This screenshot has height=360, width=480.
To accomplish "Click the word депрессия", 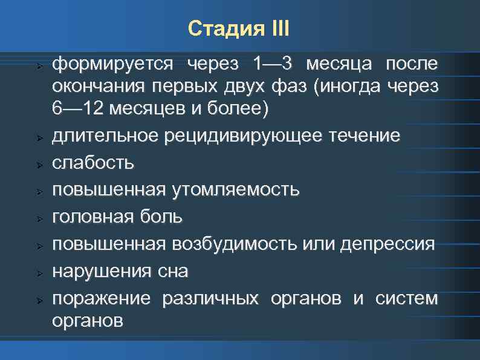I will (388, 244).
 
